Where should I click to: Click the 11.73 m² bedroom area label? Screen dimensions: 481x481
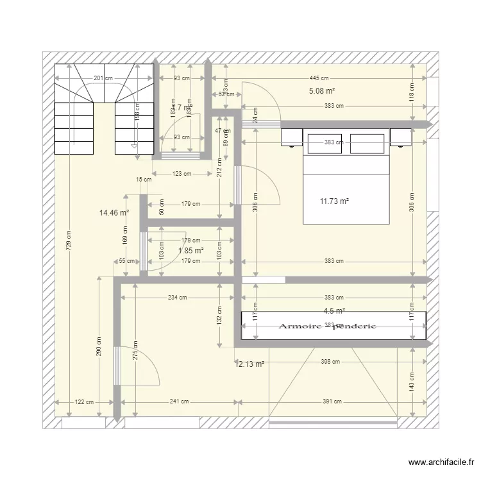(x=334, y=201)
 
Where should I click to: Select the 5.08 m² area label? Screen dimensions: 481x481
(x=322, y=91)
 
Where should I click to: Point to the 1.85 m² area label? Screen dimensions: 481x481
(x=190, y=251)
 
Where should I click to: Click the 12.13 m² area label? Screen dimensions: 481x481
(x=249, y=364)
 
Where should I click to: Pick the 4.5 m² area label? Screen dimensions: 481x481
(x=334, y=311)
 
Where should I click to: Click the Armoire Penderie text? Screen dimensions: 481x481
(x=326, y=326)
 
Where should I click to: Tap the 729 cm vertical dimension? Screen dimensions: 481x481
(x=69, y=240)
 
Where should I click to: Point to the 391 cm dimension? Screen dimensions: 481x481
(x=332, y=402)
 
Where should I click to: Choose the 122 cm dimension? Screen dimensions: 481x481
(x=84, y=402)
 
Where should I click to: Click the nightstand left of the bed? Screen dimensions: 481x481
(x=291, y=137)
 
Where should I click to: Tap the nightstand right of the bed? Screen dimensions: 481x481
(x=401, y=137)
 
